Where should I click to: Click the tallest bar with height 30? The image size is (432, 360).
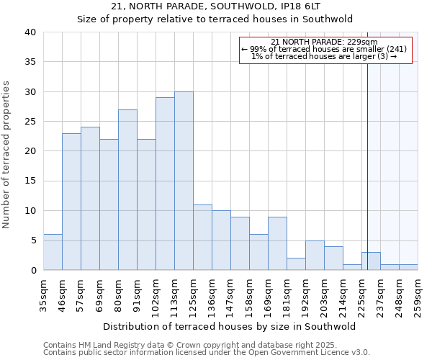(184, 181)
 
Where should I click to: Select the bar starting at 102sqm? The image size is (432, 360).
(165, 184)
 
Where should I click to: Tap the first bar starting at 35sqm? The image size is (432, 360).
(53, 252)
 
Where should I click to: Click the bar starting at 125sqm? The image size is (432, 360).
(202, 238)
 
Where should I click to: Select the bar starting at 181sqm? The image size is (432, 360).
(296, 264)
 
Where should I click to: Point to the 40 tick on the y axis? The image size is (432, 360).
(30, 32)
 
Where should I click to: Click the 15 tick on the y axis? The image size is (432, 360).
(30, 181)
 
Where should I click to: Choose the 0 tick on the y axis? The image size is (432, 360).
(32, 270)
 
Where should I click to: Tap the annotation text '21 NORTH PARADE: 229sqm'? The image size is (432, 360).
(324, 42)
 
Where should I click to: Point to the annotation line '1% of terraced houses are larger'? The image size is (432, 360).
(324, 57)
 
